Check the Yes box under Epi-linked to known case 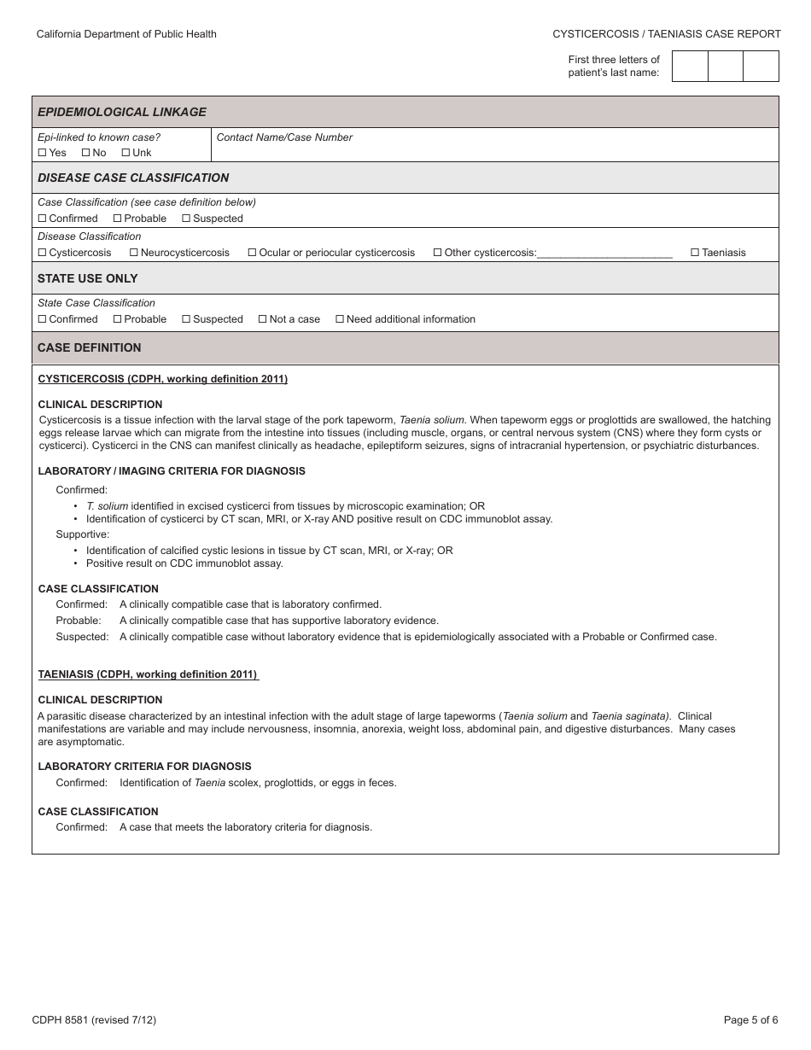[42, 153]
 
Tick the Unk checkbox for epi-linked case [125, 153]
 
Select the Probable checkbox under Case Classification [117, 219]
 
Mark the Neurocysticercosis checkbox [133, 253]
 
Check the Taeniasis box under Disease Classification [695, 253]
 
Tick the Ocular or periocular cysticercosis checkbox [252, 253]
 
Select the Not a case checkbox [262, 319]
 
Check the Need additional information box [340, 319]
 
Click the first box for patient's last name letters [690, 66]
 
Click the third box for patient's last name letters [761, 66]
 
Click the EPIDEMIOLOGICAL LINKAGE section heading [122, 112]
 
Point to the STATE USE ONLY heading [87, 278]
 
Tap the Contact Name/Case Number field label [284, 137]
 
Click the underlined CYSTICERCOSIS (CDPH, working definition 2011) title [163, 379]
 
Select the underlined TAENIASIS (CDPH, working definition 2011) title [148, 674]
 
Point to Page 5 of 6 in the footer [750, 1019]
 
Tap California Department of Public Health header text [126, 34]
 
